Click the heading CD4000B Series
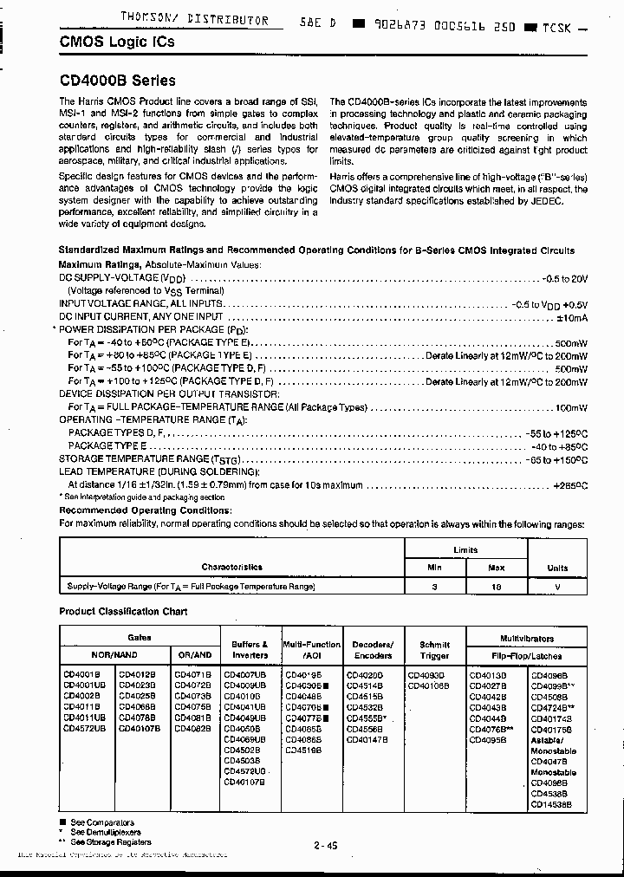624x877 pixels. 117,81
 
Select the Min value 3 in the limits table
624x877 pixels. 435,587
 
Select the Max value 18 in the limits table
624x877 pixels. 497,587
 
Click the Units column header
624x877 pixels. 557,568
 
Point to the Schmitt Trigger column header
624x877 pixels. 434,650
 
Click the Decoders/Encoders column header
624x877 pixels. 373,650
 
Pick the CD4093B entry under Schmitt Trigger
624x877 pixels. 426,674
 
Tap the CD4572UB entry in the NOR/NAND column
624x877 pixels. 84,729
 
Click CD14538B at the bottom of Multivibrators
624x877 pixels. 551,804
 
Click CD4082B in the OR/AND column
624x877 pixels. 192,729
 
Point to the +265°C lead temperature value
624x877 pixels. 569,486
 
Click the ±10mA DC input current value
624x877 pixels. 572,317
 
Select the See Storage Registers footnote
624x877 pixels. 110,841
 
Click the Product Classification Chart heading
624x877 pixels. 123,611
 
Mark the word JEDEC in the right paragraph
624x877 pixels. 544,201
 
